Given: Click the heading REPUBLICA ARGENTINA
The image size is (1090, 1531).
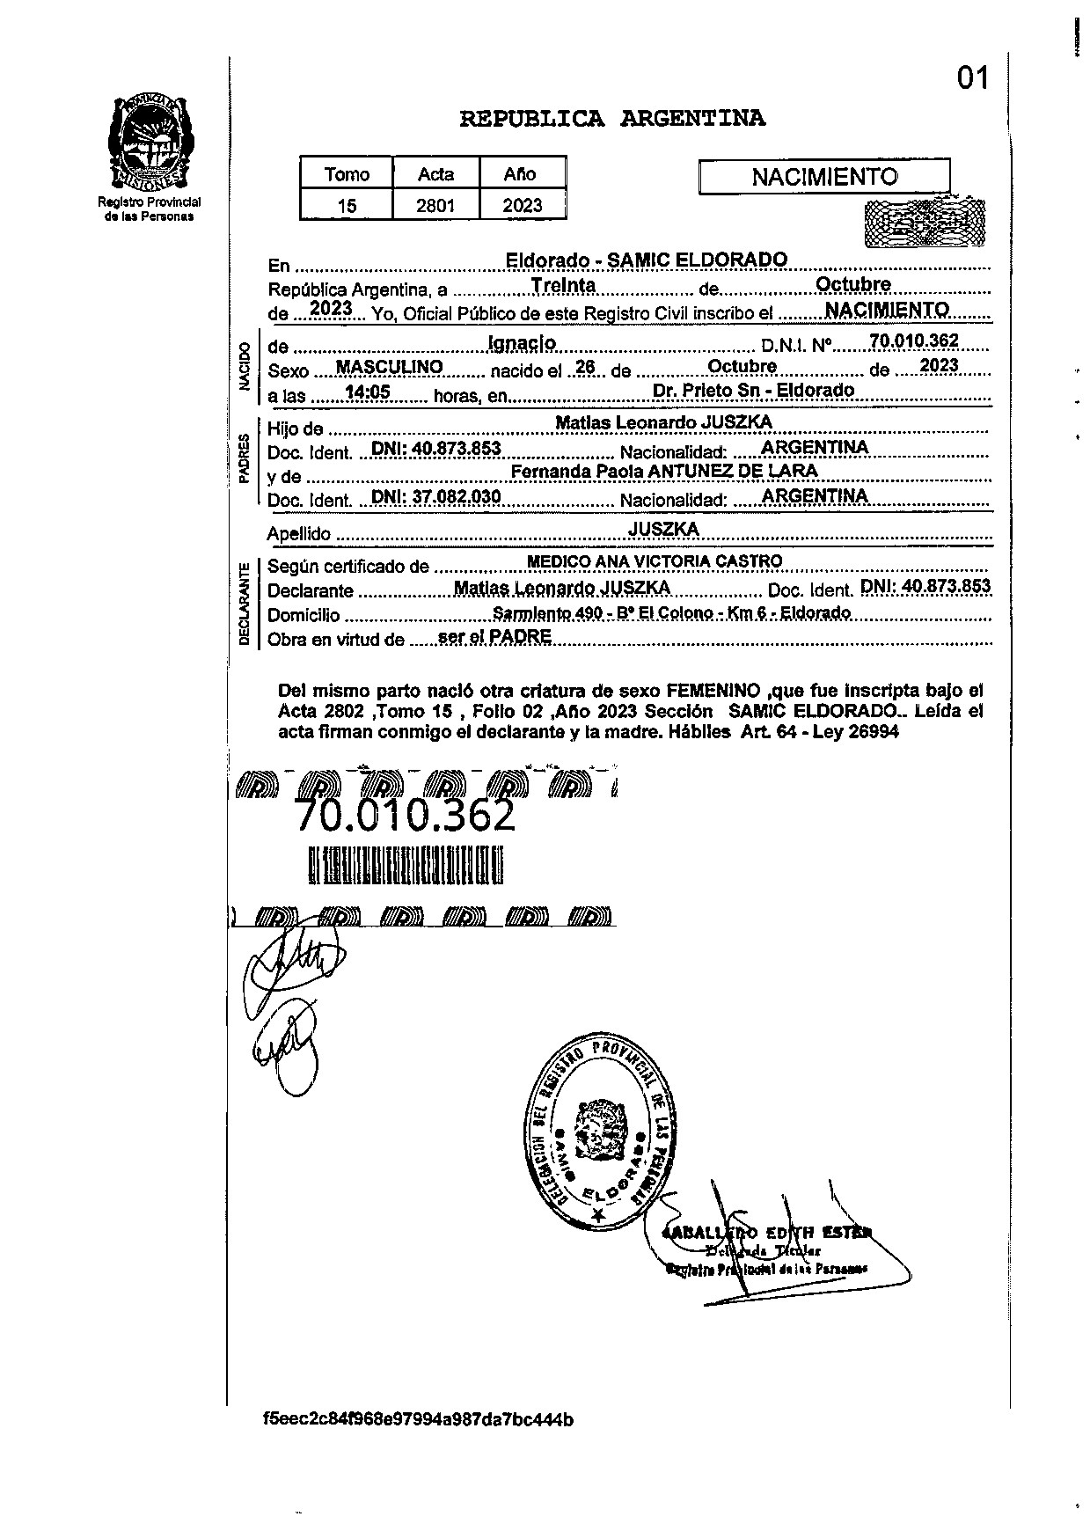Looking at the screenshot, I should click(x=612, y=118).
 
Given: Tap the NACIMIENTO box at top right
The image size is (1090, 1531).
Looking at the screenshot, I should click(x=823, y=177).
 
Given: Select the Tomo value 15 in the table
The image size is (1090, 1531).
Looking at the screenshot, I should click(x=347, y=206).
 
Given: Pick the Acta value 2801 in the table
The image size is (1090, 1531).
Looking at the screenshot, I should click(x=435, y=206).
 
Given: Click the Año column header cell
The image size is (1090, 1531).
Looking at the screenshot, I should click(x=520, y=173).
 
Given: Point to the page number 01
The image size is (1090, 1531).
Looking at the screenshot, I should click(x=973, y=79).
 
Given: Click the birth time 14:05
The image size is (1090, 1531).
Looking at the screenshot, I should click(x=369, y=392).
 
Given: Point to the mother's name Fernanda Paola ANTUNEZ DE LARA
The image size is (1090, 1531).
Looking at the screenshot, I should click(x=664, y=471).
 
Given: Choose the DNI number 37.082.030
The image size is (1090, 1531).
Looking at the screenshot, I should click(x=436, y=496).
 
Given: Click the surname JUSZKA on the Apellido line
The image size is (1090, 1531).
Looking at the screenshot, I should click(x=663, y=528).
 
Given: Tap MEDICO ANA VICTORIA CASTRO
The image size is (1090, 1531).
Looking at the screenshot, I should click(x=654, y=560).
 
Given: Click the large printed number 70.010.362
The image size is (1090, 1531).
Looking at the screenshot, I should click(x=405, y=816).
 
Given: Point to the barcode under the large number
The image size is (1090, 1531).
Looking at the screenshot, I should click(x=406, y=865).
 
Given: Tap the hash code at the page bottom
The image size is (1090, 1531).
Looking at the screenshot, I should click(x=418, y=1419).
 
